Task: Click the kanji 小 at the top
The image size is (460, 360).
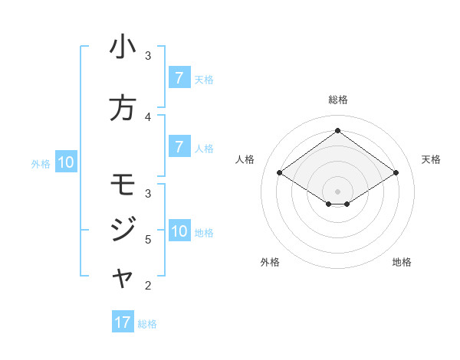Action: coord(123,47)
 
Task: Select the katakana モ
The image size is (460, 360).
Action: coord(123,185)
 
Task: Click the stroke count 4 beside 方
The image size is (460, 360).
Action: coord(148,116)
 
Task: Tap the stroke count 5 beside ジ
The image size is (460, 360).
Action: coord(148,240)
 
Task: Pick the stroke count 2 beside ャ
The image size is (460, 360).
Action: coord(148,286)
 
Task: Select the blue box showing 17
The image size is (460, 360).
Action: coord(123,322)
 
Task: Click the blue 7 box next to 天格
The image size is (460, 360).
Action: coord(179,77)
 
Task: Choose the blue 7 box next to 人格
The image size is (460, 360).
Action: coord(179,147)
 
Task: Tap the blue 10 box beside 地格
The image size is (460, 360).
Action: coord(179,231)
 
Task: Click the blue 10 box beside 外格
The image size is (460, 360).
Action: coord(66,162)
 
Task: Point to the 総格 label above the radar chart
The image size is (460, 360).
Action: coord(337,100)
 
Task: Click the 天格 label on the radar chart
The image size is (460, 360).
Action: coord(431,159)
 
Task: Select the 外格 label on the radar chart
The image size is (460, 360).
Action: coord(270,262)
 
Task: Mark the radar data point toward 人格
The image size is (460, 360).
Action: coord(280,173)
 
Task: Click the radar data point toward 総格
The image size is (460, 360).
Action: coord(337,131)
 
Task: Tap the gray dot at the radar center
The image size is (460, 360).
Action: coord(337,191)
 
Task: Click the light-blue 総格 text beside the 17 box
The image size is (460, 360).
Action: coord(147,324)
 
